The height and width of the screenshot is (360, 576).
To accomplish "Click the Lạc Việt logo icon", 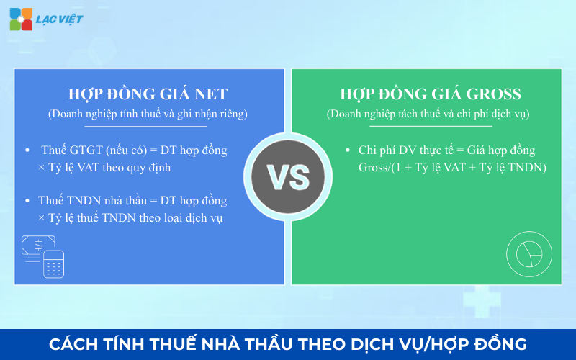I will click(21, 19).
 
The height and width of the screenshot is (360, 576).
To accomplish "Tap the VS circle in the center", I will click(288, 174).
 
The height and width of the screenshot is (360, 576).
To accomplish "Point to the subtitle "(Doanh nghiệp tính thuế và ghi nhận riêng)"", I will click(148, 114).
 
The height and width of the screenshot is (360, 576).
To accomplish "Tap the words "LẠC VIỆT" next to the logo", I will click(59, 19).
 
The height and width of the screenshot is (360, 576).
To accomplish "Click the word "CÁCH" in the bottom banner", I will click(74, 344).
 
